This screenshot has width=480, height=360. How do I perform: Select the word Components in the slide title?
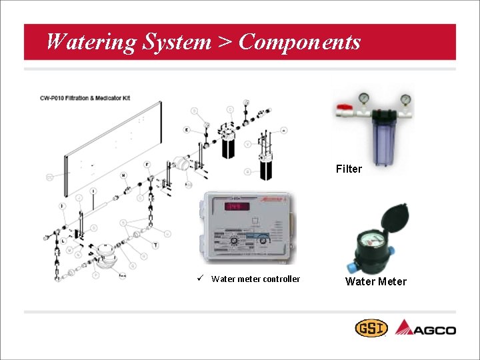tap(299, 42)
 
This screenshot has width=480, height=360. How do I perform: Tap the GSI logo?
tap(370, 329)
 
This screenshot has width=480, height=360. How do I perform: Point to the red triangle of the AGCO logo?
tap(404, 327)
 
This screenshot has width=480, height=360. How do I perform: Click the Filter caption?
tap(349, 169)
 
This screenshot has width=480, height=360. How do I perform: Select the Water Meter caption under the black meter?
tap(375, 281)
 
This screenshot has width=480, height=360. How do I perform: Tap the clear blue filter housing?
tap(385, 143)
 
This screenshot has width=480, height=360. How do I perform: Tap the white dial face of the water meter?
tap(372, 238)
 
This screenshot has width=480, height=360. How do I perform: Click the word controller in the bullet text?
tap(281, 279)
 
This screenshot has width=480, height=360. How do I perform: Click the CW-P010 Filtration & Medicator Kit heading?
tap(85, 98)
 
